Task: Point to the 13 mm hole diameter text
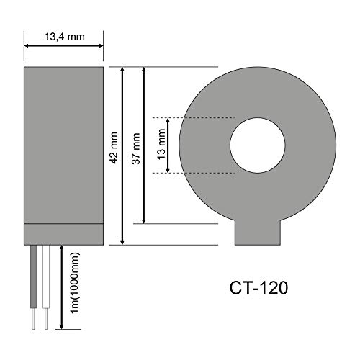pyautogui.click(x=161, y=145)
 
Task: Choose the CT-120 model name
pyautogui.click(x=257, y=289)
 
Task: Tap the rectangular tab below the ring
pyautogui.click(x=258, y=234)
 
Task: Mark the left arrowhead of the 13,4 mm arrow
pyautogui.click(x=27, y=45)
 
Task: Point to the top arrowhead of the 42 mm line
pyautogui.click(x=123, y=71)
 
